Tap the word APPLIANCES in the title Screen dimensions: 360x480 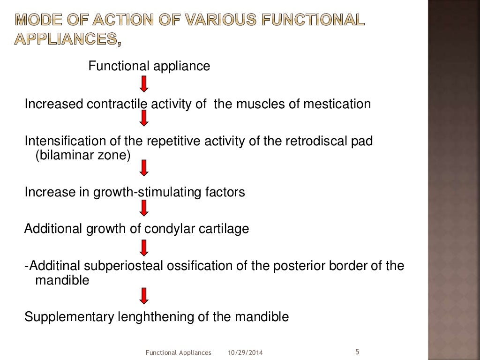click(x=65, y=40)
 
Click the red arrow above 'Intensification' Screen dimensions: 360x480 click(x=144, y=120)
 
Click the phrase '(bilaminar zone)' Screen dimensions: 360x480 click(x=82, y=155)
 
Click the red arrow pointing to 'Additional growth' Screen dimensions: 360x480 click(x=144, y=208)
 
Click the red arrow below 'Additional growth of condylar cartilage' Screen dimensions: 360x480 click(x=144, y=247)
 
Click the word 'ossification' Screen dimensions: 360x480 click(x=187, y=266)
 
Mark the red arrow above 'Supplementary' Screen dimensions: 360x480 click(x=144, y=295)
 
